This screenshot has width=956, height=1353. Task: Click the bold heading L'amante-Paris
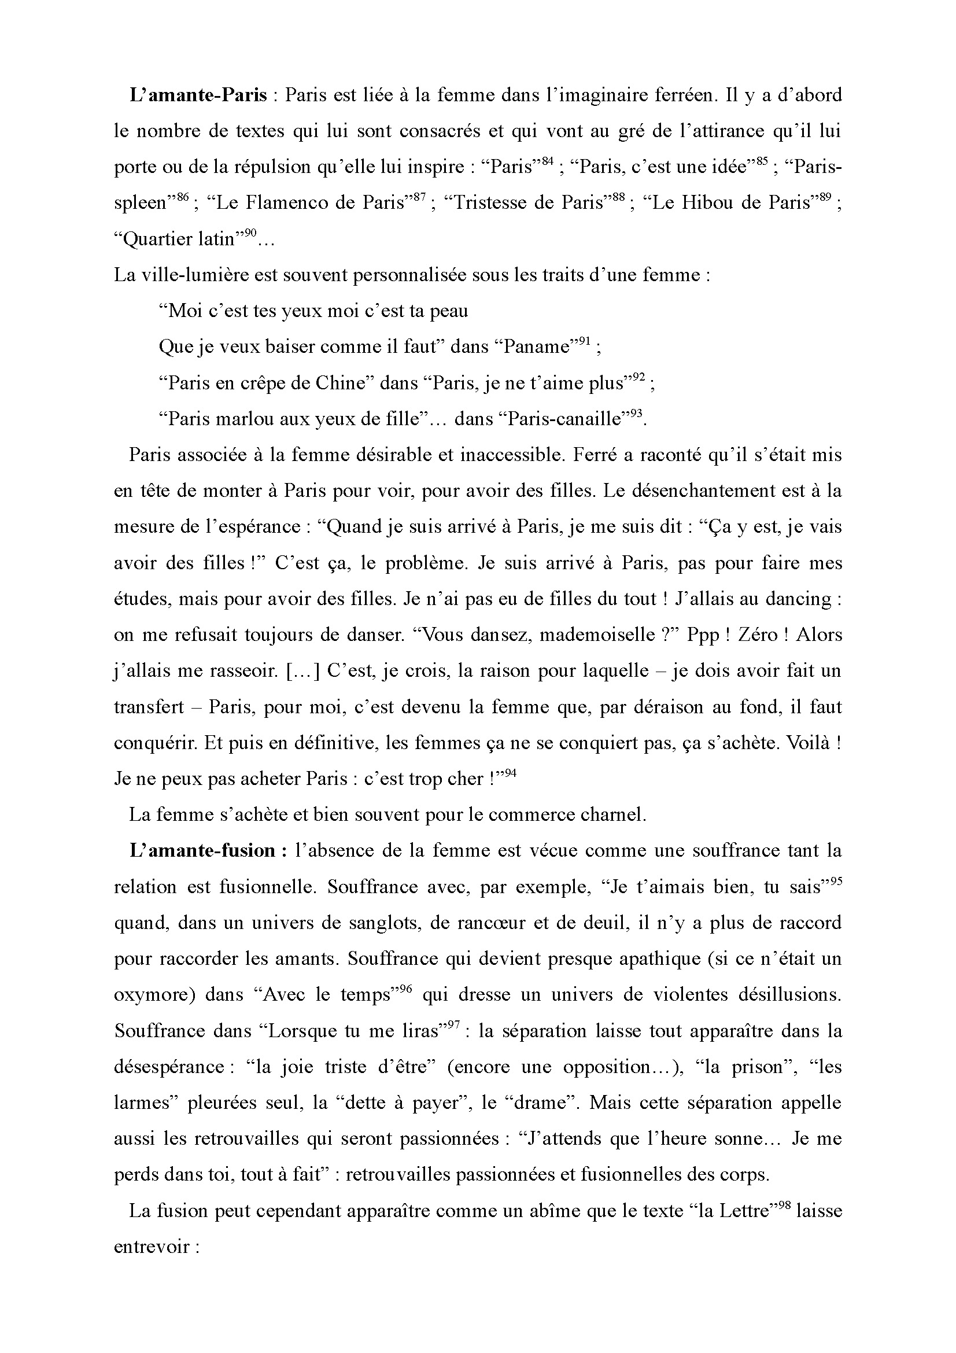(x=198, y=95)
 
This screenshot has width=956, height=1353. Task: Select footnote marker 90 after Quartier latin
(x=251, y=233)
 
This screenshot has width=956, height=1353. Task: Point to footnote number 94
(x=510, y=773)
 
